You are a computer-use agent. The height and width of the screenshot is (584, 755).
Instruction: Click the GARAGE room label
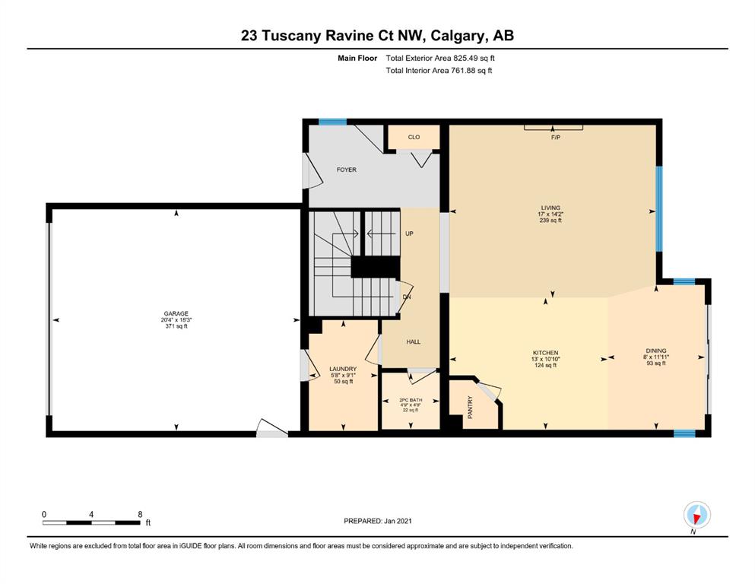click(x=176, y=313)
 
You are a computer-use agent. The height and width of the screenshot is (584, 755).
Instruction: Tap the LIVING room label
click(x=550, y=208)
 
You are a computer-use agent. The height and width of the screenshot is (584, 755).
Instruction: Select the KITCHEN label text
click(x=546, y=353)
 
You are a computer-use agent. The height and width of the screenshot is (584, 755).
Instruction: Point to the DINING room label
click(x=656, y=351)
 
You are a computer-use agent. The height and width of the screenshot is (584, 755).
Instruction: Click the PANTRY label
click(x=471, y=407)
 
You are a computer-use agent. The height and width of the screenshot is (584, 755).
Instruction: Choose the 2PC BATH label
click(x=411, y=400)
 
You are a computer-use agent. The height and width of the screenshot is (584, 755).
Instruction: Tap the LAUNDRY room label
click(x=343, y=370)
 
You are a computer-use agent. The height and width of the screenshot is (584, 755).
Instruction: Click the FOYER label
click(x=347, y=170)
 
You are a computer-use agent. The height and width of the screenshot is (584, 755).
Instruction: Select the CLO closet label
click(x=414, y=137)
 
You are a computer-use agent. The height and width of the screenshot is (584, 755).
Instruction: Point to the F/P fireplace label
click(x=556, y=138)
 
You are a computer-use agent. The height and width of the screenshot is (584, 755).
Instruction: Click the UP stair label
click(x=409, y=234)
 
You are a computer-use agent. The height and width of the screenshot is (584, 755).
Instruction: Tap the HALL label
click(x=413, y=342)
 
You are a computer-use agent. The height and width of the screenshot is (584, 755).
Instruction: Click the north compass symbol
click(x=696, y=515)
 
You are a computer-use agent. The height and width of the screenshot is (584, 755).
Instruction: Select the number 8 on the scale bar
click(x=140, y=514)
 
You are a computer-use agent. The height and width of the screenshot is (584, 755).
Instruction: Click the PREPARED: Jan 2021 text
click(x=377, y=521)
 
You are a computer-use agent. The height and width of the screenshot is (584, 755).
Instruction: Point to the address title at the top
click(x=377, y=36)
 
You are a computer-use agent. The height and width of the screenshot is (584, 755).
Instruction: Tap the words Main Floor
click(x=357, y=59)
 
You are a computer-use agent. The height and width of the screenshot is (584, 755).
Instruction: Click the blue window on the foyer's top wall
click(x=332, y=122)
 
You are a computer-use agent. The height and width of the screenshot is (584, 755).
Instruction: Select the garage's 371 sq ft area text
click(x=176, y=326)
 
